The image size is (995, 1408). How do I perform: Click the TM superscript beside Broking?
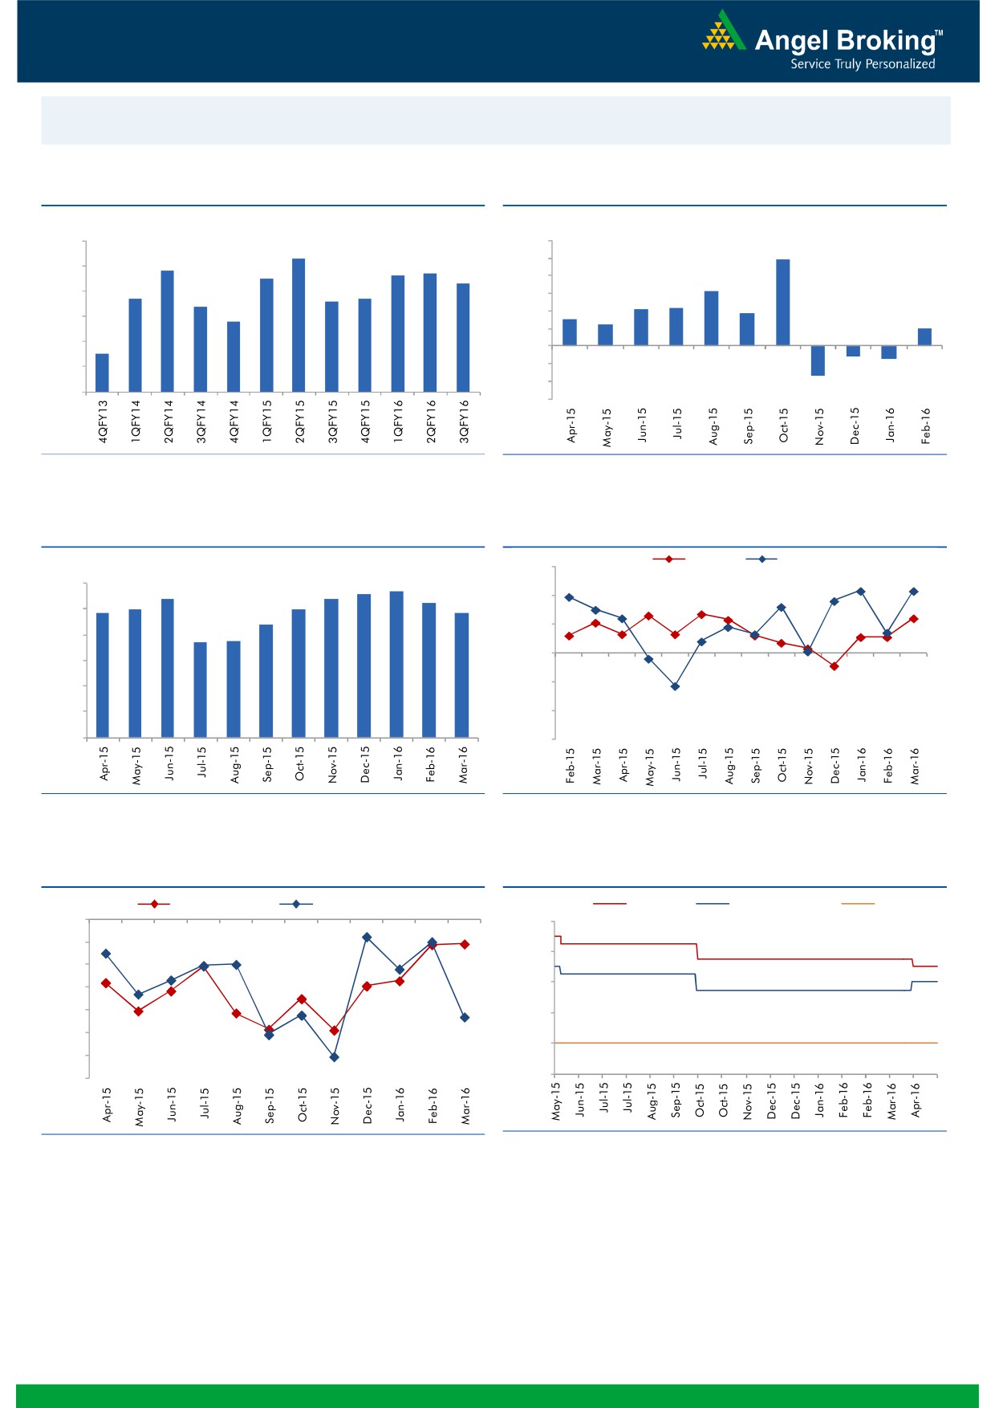point(939,34)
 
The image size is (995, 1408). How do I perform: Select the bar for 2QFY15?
point(298,325)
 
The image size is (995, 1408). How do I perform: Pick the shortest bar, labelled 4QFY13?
point(102,372)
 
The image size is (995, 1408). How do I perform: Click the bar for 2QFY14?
point(167,331)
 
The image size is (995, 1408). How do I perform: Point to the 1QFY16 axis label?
point(398,421)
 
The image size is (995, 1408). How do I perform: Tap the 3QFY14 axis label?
point(201,421)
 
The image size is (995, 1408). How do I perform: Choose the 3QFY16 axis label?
point(464,421)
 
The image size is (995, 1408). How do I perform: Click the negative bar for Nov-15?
point(818,360)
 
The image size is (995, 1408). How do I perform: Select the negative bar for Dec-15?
point(853,351)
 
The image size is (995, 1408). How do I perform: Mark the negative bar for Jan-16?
point(888,352)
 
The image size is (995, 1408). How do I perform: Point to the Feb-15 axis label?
point(571,765)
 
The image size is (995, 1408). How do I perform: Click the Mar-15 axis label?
point(597,765)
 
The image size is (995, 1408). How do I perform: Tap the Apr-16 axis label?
point(916,1100)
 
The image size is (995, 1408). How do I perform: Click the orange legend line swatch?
point(857,904)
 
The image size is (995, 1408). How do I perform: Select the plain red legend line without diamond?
point(609,904)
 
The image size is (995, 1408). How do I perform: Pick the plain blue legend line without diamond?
point(712,904)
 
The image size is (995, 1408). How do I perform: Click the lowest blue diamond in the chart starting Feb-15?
point(675,686)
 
